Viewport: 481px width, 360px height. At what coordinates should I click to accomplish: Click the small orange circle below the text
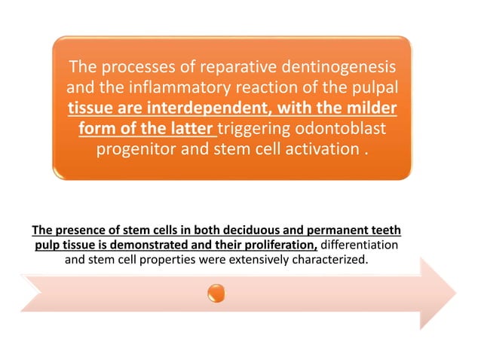pos(216,292)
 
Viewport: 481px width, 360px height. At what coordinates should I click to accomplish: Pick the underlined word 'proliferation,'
pos(275,246)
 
